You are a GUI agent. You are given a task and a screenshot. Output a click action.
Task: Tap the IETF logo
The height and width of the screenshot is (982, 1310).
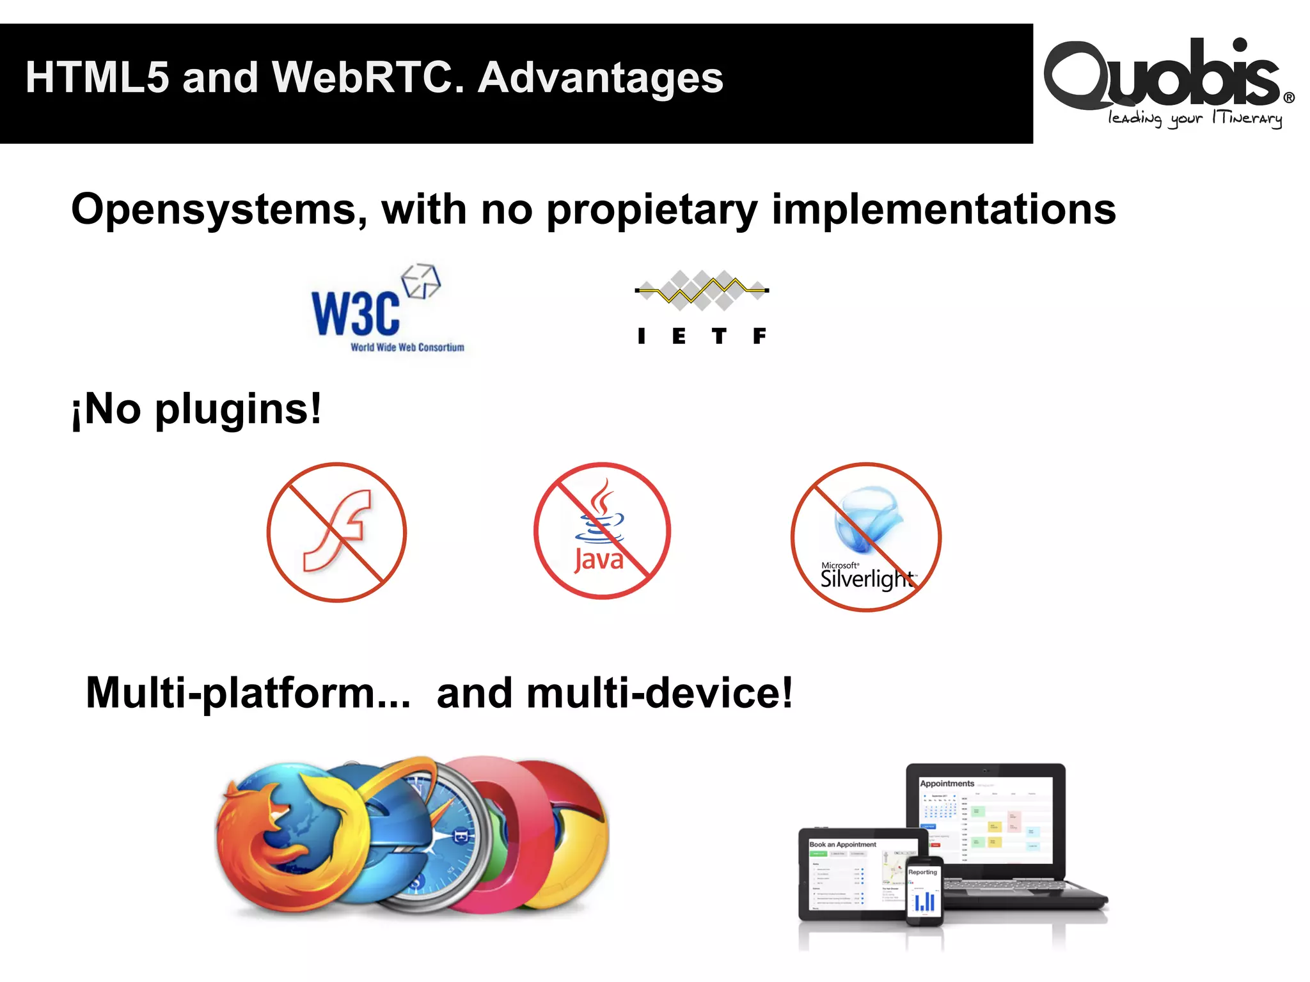point(702,307)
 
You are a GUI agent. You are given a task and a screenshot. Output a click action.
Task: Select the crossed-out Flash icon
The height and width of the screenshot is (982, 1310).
point(336,532)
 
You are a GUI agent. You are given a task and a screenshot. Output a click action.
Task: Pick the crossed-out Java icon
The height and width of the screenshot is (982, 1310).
point(602,531)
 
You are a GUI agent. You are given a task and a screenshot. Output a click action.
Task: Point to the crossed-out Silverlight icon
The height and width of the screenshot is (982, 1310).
point(866,537)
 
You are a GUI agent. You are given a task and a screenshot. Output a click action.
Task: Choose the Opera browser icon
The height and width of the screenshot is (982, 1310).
point(512,831)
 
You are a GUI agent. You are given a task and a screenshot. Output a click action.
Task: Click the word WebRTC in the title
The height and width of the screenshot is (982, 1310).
point(368,78)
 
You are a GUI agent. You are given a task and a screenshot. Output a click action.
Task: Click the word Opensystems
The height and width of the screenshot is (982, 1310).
point(215,210)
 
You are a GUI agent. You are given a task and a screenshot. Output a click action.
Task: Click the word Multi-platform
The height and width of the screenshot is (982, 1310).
point(248,693)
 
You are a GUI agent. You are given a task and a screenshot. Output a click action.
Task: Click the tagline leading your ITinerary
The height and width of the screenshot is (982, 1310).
point(1195,119)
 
